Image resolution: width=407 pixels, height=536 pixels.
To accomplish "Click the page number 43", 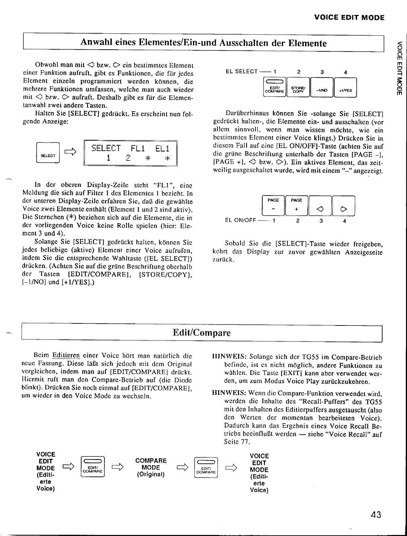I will coord(376,515).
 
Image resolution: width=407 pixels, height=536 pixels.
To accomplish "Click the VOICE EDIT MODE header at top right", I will coord(349,18).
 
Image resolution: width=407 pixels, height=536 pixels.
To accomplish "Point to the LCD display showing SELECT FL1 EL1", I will coord(131,153).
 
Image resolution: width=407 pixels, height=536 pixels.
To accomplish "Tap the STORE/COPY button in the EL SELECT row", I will coord(298,88).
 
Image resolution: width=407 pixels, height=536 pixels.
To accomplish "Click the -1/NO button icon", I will coord(322,88).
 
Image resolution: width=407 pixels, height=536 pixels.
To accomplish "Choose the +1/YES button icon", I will coord(345,88).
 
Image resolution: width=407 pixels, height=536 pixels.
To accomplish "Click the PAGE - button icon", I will coord(273,206).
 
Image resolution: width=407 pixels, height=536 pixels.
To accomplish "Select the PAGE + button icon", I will coord(297,206).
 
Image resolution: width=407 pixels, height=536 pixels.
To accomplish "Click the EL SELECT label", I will coord(242,71).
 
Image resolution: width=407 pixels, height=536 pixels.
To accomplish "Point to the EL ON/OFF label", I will coord(241,220).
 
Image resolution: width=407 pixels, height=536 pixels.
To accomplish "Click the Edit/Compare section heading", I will coord(202,333).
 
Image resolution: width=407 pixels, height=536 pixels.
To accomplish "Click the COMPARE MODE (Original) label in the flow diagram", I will coord(151,467).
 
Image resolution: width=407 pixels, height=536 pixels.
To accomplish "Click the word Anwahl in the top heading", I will coord(94,43).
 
